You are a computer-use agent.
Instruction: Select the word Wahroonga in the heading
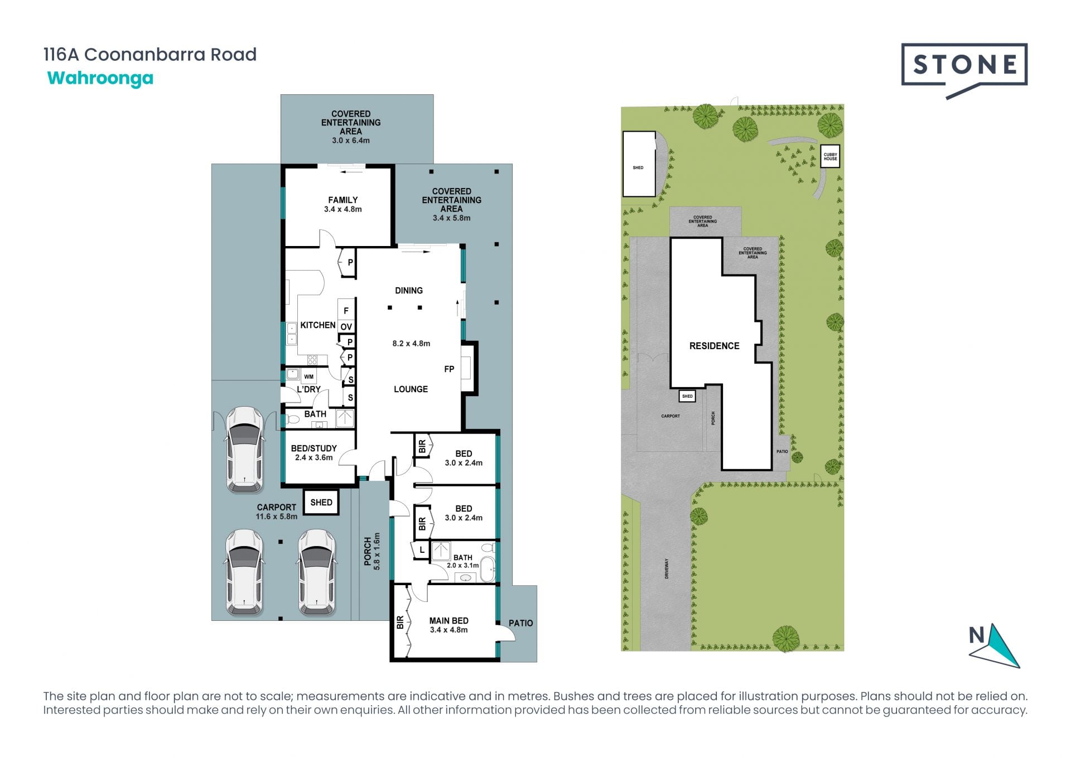(x=100, y=78)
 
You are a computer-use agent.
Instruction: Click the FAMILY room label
(x=343, y=200)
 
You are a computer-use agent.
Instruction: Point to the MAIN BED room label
(x=448, y=620)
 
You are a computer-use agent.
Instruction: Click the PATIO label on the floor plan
(x=520, y=623)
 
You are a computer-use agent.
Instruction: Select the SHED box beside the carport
(x=321, y=502)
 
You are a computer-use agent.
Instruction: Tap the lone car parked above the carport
(x=244, y=449)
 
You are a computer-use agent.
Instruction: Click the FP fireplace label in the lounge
(x=449, y=369)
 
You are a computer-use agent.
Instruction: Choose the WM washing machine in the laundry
(x=308, y=377)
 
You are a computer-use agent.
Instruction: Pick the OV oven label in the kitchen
(x=346, y=327)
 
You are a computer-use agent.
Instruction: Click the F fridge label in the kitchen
(x=346, y=311)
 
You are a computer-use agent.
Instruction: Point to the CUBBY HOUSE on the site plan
(x=831, y=157)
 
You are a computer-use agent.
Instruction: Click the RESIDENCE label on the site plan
(x=714, y=346)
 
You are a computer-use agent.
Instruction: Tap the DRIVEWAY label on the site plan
(x=667, y=568)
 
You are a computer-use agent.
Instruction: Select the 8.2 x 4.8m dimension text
(x=411, y=344)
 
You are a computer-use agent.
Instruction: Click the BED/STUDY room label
(x=314, y=448)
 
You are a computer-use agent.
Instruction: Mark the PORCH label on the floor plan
(x=368, y=551)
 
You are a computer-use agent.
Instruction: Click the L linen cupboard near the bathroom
(x=422, y=550)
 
